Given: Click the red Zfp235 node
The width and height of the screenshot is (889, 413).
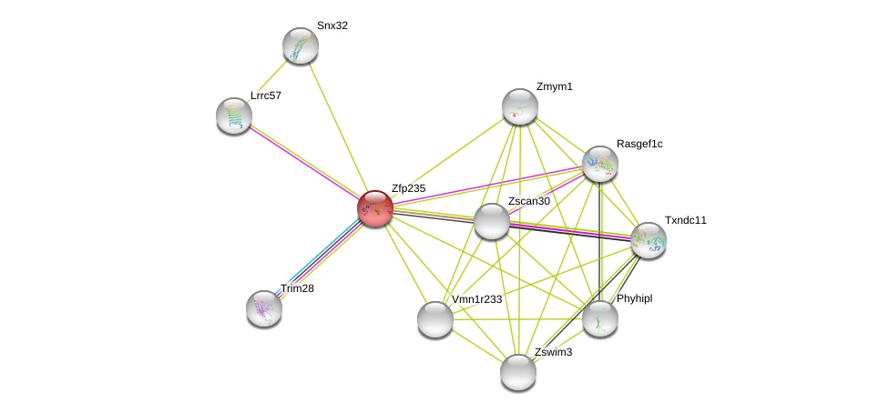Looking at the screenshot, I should (x=374, y=208).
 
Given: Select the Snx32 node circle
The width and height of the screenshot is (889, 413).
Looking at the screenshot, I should (x=300, y=45).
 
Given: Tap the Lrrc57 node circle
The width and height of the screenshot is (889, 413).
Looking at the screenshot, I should (x=234, y=116).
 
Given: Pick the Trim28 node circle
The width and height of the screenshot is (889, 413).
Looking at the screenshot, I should (x=264, y=308).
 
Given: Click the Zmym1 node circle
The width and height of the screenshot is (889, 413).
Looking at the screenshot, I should (x=520, y=106).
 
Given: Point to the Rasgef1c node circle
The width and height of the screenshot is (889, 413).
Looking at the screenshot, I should (x=600, y=164).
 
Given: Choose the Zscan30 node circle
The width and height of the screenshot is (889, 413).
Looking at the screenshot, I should (x=492, y=221).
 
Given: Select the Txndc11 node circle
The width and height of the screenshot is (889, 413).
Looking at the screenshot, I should (x=649, y=240).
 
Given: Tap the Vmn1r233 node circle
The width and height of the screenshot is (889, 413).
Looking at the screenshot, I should (x=435, y=319).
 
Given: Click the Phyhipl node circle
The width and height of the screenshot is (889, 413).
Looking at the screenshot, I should (x=600, y=318).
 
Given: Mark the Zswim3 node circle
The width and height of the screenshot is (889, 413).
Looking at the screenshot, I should (x=518, y=372).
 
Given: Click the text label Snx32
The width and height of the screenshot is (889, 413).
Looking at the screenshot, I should (x=332, y=25).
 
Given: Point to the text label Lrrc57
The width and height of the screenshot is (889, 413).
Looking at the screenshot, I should (x=266, y=96).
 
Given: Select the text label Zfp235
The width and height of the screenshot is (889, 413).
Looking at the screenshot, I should (x=408, y=188).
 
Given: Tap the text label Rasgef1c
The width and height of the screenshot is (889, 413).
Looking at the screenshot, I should (x=639, y=144).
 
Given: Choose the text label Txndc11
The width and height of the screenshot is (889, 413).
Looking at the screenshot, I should (x=685, y=220).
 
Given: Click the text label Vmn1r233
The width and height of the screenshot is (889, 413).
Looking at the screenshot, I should (x=476, y=299).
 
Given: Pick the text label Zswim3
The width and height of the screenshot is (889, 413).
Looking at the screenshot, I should (x=553, y=352).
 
